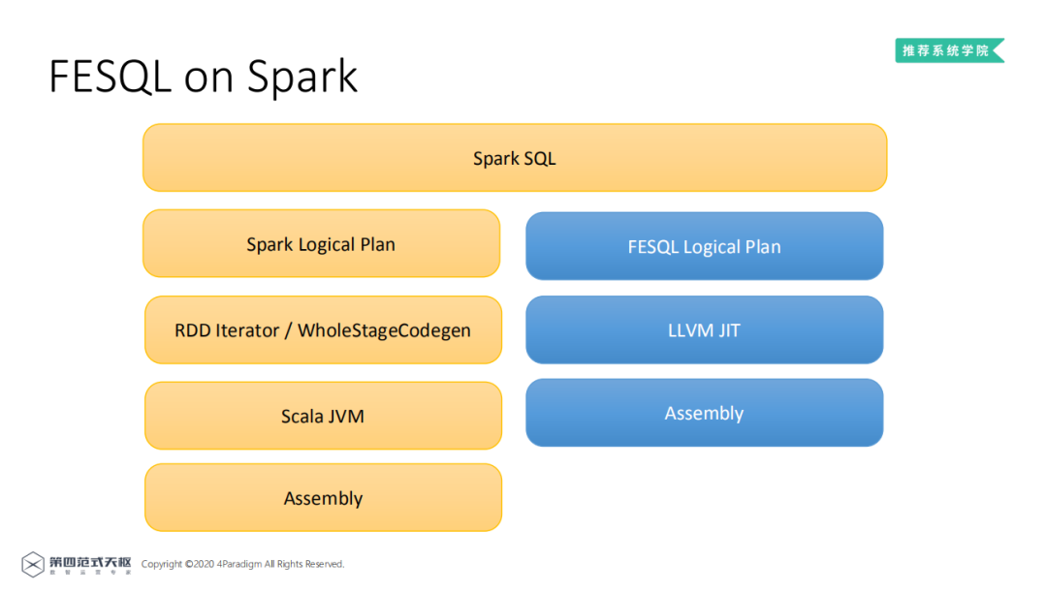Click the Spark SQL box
(515, 158)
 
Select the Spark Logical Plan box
(321, 244)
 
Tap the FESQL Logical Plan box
(704, 246)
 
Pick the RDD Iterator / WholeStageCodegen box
(323, 330)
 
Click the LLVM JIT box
(704, 330)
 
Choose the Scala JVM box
(323, 417)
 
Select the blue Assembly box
(704, 414)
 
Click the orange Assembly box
(323, 498)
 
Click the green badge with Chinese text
(948, 50)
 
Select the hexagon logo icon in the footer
(33, 564)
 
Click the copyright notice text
(242, 564)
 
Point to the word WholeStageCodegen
(384, 330)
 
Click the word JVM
(345, 417)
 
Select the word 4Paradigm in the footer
(239, 564)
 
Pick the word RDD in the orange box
(192, 330)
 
